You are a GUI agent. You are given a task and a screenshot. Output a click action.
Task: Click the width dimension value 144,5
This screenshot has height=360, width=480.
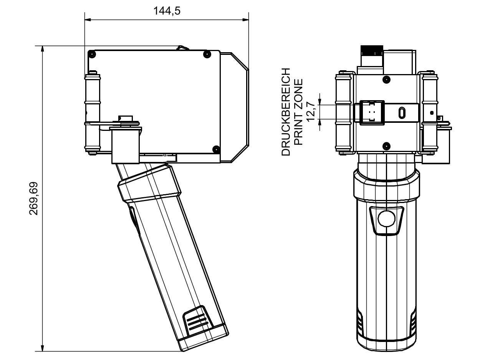coord(167,11)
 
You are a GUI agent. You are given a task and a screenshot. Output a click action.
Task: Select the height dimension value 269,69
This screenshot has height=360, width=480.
coord(34,198)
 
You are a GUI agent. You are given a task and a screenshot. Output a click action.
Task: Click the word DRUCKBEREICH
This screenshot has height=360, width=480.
coord(286,112)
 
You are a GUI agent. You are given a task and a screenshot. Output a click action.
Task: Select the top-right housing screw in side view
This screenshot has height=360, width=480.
coord(207,53)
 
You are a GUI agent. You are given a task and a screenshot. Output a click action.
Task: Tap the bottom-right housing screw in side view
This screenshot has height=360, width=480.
coord(216,149)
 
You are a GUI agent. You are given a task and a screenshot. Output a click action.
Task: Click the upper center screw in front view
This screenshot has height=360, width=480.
coord(387,79)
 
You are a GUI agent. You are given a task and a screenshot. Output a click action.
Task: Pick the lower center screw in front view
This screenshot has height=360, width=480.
coord(387,145)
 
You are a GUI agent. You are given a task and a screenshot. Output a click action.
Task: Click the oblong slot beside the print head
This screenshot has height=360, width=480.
coord(402,113)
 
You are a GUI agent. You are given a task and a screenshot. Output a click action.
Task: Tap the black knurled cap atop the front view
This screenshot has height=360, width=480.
coord(371,50)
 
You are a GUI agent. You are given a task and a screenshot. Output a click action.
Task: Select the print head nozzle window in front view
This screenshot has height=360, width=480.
coord(372,112)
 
